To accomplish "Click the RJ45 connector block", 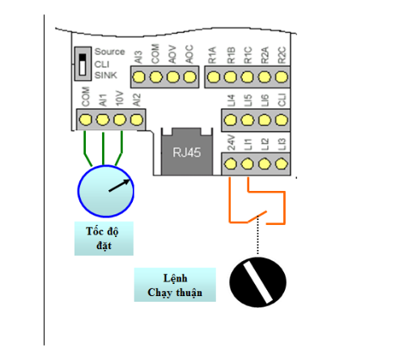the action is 187,151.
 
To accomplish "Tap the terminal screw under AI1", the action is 103,120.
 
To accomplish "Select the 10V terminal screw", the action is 120,120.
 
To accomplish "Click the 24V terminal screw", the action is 231,163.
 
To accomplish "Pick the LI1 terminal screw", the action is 248,163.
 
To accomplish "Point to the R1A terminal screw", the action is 214,77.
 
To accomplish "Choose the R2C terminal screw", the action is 282,77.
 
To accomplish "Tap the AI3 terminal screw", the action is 138,77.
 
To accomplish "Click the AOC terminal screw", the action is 189,77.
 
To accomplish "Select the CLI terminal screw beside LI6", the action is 282,120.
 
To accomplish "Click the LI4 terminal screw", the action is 231,120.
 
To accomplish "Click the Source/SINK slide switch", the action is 83,64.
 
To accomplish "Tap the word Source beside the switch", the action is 109,52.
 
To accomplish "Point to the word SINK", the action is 106,75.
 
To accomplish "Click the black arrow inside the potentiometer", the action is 119,185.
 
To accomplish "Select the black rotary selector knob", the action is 257,282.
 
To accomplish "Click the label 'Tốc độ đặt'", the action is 104,239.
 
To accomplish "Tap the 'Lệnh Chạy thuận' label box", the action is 175,285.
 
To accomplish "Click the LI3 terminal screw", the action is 282,163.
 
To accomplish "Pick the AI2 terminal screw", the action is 137,120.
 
